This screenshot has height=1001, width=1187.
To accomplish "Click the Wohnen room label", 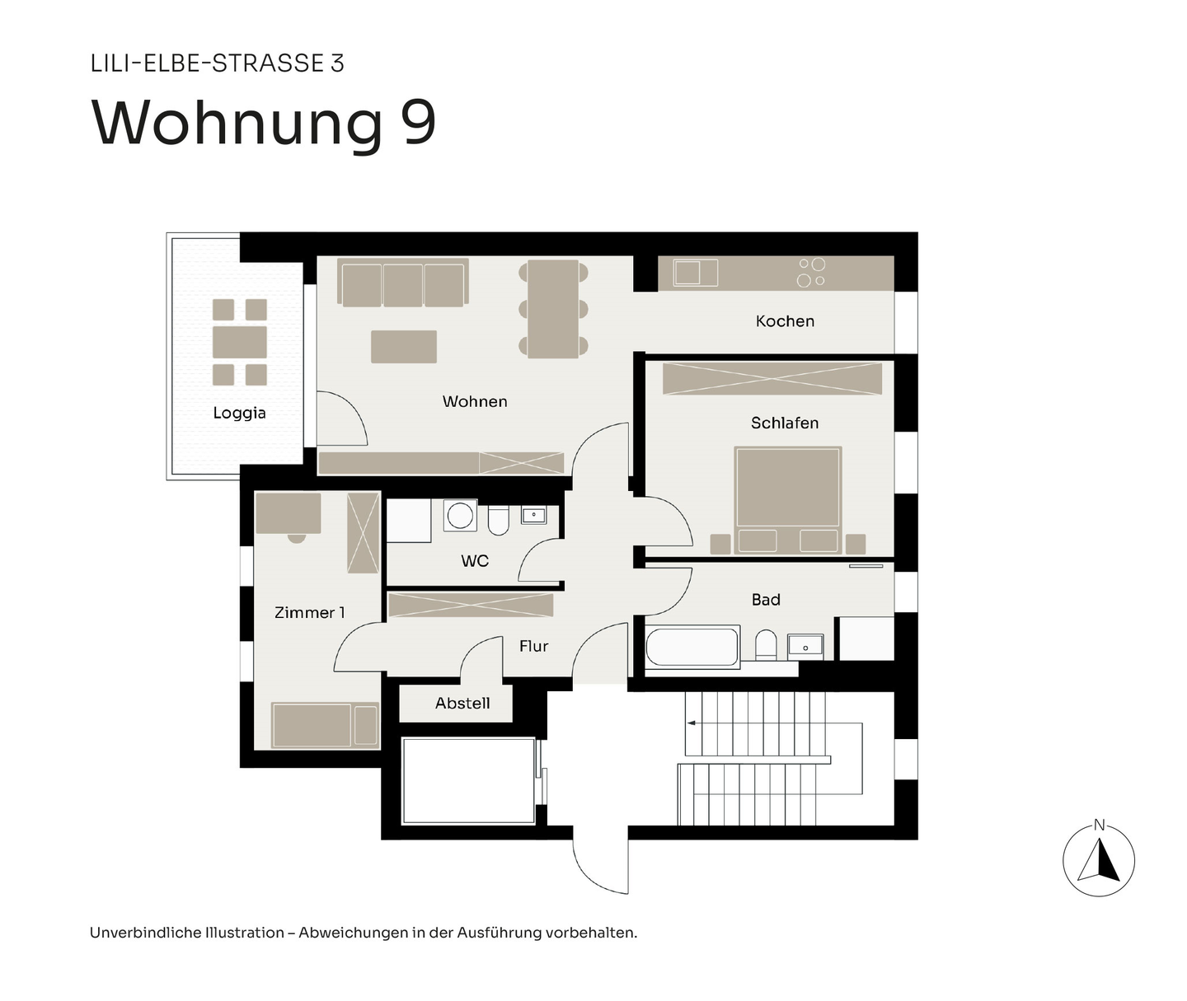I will [x=475, y=401].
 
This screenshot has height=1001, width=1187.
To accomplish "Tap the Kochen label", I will [x=785, y=321].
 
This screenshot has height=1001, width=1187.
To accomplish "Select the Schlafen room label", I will [x=785, y=423].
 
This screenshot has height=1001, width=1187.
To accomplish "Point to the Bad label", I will [x=766, y=600].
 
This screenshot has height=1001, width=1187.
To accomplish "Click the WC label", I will [x=475, y=561].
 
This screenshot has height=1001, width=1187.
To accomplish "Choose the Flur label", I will [x=533, y=646].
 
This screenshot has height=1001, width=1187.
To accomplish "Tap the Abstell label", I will [x=462, y=703].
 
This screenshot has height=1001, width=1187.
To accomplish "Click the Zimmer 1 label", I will [x=310, y=612].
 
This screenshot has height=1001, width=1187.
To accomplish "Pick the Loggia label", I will [x=239, y=413].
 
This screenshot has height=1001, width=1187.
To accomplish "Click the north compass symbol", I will [x=1099, y=860].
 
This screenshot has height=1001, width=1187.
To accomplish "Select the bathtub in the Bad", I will [x=692, y=647].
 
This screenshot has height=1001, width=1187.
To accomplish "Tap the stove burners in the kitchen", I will [x=811, y=273].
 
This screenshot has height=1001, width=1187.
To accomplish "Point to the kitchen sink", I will [x=696, y=272].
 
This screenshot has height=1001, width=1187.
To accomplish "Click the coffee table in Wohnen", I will [x=403, y=347].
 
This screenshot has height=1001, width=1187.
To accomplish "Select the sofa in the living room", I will [x=403, y=283].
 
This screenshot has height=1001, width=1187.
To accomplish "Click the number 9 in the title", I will [x=419, y=123].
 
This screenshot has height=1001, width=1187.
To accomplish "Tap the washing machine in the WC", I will [x=460, y=517].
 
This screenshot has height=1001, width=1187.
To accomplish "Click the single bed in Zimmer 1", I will [x=325, y=725].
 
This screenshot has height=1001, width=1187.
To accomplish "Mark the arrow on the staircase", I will [x=691, y=723].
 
